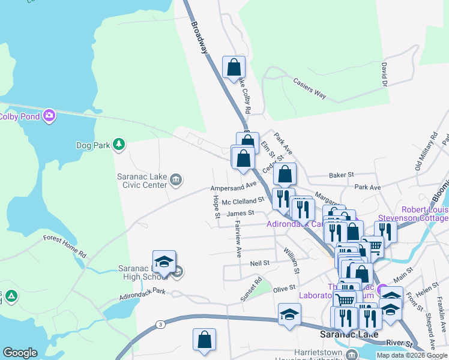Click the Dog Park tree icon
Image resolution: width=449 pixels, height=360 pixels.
point(119,144)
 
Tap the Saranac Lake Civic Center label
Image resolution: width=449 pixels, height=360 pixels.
point(142,181)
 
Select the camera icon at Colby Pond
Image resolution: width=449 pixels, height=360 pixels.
point(49,116)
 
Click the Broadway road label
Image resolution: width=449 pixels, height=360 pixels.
point(199,38)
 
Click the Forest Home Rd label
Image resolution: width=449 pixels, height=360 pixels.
point(64,246)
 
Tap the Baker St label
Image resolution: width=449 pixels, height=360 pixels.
point(342,175)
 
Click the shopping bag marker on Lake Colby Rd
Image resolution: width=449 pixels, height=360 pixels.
point(233,68)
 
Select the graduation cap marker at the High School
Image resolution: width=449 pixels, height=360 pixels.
point(164,261)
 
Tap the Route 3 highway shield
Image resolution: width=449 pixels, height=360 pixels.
point(160,325)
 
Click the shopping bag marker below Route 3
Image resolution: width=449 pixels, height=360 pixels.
point(204,339)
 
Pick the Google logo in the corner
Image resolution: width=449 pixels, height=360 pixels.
point(20,353)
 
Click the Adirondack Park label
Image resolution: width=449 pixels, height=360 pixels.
point(142,293)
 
